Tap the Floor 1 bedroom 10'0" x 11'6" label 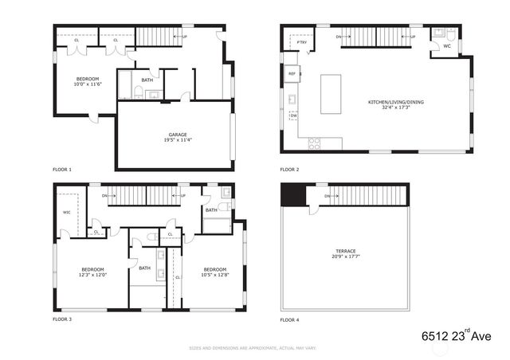88,82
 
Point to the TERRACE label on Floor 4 344,253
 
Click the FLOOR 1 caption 62,170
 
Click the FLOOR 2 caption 289,170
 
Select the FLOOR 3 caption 62,319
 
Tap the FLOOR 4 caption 289,319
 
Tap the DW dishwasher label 293,116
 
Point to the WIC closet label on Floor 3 66,212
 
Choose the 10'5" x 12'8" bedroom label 215,272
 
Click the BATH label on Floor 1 147,80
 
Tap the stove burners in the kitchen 314,143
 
